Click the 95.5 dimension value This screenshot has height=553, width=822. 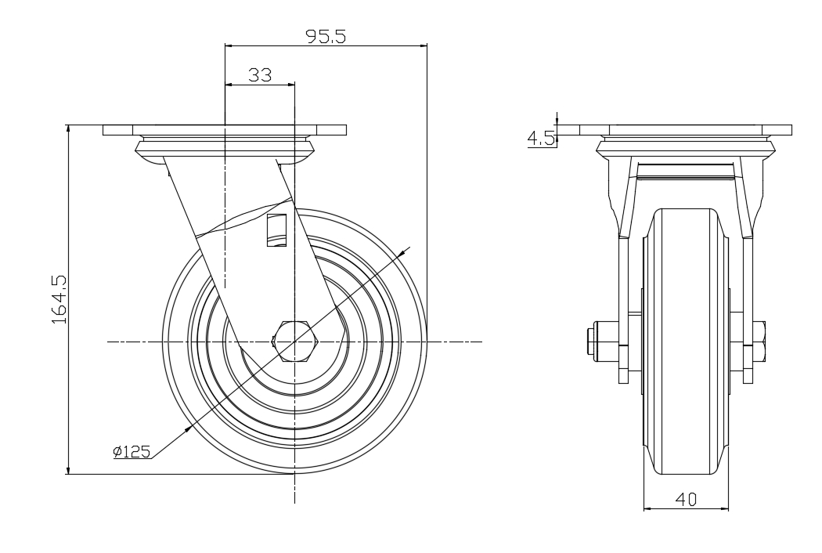pos(326,36)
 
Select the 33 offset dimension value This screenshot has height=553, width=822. pos(260,75)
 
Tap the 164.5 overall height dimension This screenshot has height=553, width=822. pos(59,298)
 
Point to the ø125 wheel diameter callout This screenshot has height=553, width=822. pos(132,451)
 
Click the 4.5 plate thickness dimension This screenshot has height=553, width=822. pos(540,139)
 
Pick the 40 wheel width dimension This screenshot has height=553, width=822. pos(686,500)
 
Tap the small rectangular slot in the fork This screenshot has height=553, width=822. pos(276,230)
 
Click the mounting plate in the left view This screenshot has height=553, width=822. pos(225,130)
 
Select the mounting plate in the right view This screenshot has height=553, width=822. pos(686,130)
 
